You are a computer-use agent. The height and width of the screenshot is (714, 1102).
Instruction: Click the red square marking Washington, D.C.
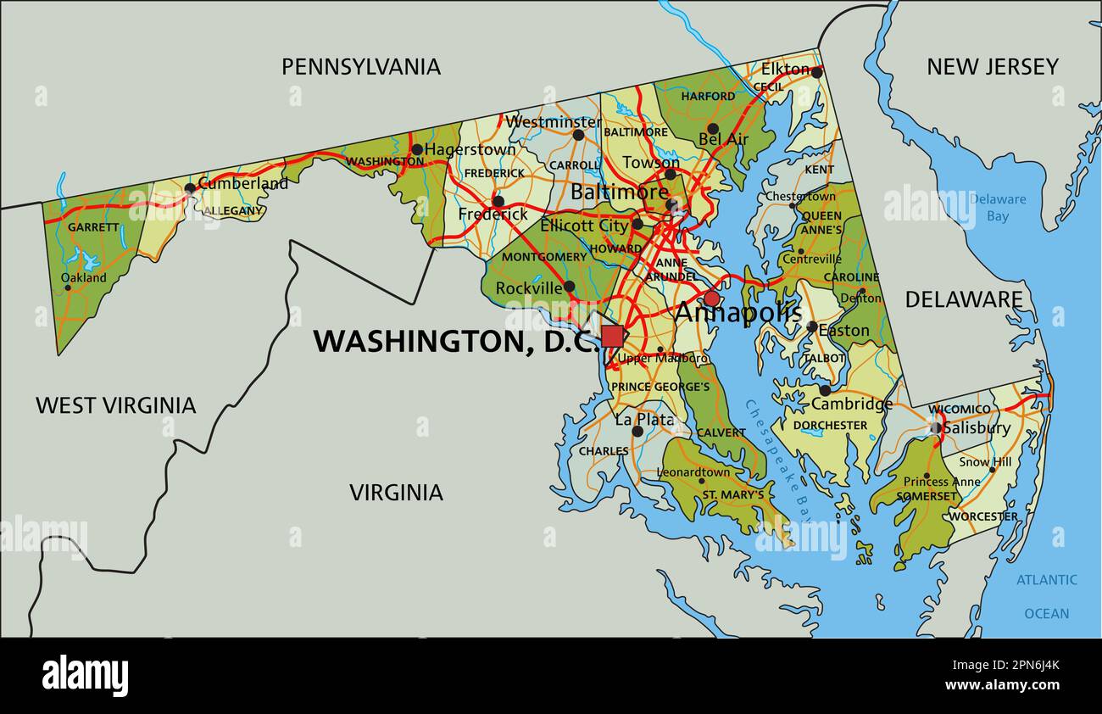(613, 337)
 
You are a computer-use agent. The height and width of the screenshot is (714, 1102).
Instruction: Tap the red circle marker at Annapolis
(711, 298)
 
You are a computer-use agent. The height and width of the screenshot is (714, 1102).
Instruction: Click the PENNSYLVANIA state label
(361, 66)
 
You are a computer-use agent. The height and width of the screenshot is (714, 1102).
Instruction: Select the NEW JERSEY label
(992, 66)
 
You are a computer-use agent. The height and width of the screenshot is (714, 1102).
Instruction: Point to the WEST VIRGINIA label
(115, 405)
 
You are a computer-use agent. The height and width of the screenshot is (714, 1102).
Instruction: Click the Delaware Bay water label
(998, 208)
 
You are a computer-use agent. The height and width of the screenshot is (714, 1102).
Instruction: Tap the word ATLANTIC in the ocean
(1047, 580)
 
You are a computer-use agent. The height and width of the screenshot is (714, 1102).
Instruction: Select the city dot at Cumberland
(190, 188)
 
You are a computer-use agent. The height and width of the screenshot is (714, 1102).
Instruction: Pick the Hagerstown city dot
(417, 149)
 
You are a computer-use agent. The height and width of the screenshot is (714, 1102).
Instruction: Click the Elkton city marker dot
(816, 72)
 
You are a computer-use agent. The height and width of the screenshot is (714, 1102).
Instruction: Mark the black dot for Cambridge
(824, 390)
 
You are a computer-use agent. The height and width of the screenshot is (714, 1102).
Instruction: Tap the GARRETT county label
(93, 227)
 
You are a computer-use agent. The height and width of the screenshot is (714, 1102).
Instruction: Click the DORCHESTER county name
(830, 425)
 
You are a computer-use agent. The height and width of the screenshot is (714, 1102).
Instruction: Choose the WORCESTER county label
(982, 516)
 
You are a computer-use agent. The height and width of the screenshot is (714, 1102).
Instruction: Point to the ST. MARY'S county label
(732, 494)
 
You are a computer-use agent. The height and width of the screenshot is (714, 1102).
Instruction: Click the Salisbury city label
(977, 428)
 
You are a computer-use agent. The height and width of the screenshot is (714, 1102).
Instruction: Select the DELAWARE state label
(964, 299)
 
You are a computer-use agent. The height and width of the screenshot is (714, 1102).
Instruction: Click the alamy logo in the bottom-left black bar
(85, 676)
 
